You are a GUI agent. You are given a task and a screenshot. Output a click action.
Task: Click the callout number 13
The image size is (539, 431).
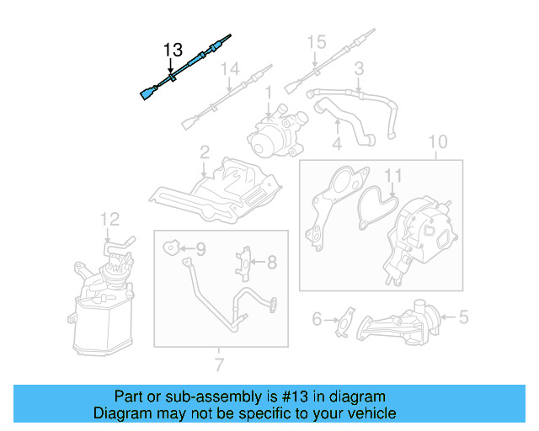(172, 51)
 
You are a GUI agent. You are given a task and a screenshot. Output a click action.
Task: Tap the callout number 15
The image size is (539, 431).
(315, 41)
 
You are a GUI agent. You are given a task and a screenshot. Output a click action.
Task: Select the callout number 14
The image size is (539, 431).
(230, 70)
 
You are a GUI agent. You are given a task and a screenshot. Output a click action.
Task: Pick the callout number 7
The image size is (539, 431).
(219, 364)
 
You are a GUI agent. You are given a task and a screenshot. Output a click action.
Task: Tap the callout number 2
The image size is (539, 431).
(205, 152)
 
